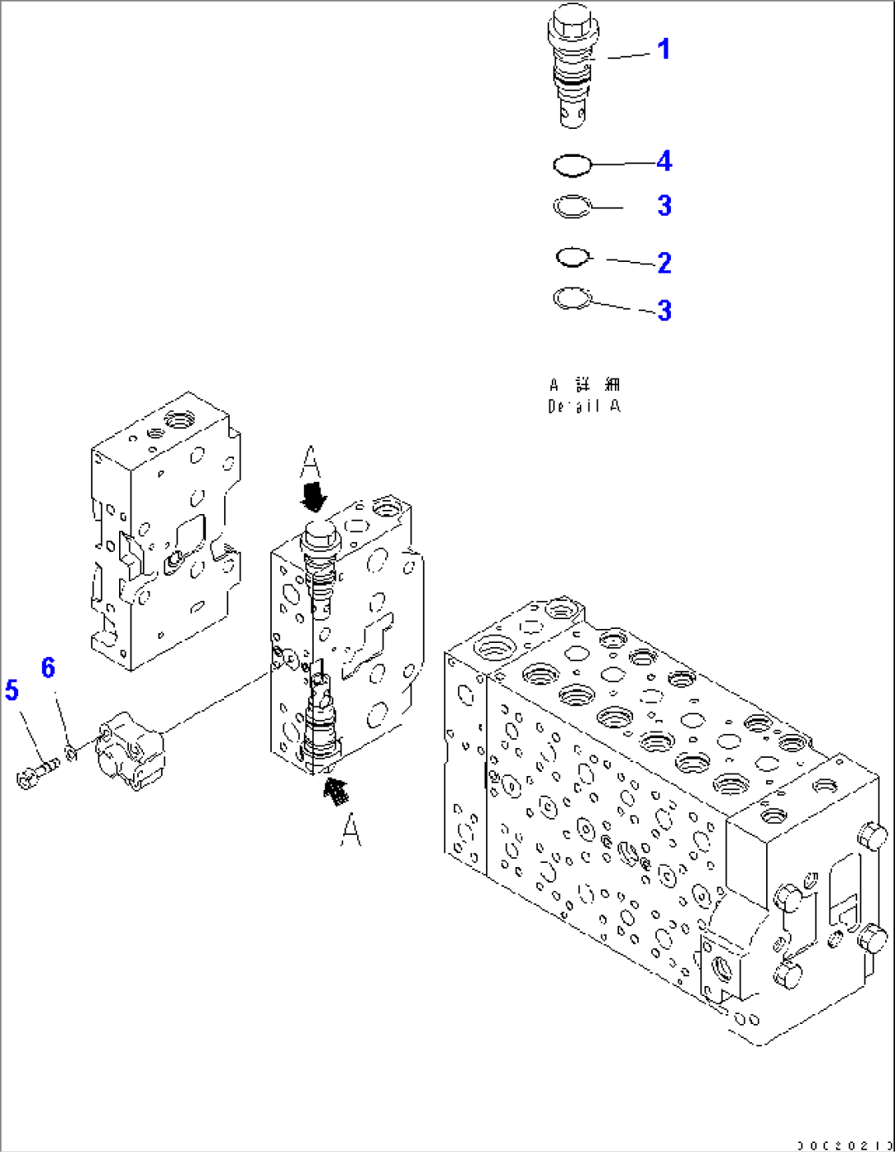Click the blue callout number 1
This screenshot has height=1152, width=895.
pyautogui.click(x=663, y=49)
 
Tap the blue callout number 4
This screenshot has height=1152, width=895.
pyautogui.click(x=663, y=161)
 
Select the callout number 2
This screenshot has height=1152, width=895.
pyautogui.click(x=663, y=263)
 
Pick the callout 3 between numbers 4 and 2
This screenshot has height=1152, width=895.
pyautogui.click(x=663, y=205)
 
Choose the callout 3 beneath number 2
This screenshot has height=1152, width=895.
pyautogui.click(x=663, y=310)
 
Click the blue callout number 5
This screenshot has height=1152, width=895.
pyautogui.click(x=11, y=690)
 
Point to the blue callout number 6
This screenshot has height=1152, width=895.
pyautogui.click(x=48, y=668)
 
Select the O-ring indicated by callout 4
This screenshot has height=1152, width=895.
pyautogui.click(x=572, y=166)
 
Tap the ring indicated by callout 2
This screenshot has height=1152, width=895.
pyautogui.click(x=573, y=258)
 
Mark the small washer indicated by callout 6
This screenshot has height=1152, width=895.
pyautogui.click(x=71, y=750)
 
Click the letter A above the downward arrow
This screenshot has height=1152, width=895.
pyautogui.click(x=310, y=463)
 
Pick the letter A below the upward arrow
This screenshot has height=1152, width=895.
pyautogui.click(x=351, y=830)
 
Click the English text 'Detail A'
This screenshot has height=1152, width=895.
pyautogui.click(x=584, y=406)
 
